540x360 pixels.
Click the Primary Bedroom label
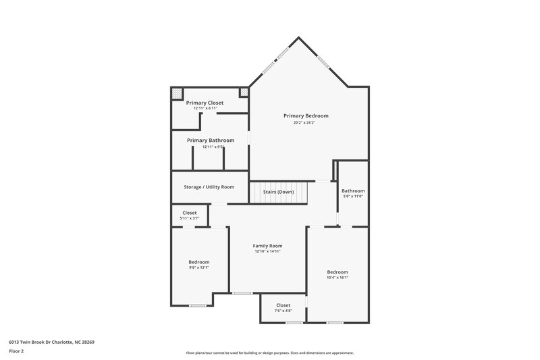tap(310, 115)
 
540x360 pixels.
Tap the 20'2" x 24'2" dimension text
tap(304, 123)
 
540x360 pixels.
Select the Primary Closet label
tap(205, 103)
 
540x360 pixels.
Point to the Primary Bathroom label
tap(211, 140)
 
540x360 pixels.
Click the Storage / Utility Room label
tap(209, 186)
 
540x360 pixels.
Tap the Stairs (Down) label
tap(278, 192)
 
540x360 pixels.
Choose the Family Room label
tap(267, 245)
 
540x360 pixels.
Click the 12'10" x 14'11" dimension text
tap(267, 251)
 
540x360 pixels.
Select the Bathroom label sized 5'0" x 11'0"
tap(352, 190)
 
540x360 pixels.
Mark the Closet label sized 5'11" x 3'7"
tap(190, 213)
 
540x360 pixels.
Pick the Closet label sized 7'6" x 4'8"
tap(283, 305)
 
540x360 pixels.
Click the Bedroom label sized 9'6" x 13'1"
tap(198, 262)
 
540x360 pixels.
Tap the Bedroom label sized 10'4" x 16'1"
tap(337, 272)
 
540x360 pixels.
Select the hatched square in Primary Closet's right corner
tap(244, 92)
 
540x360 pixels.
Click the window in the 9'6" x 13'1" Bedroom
tap(197, 306)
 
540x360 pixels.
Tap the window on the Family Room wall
tap(242, 293)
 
